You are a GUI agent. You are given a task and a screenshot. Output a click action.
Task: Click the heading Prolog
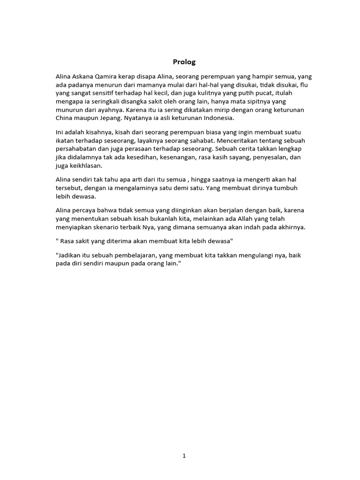pyautogui.click(x=184, y=61)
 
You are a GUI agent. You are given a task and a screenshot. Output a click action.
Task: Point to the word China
pyautogui.click(x=65, y=118)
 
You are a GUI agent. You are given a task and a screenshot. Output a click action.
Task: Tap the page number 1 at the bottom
pyautogui.click(x=184, y=456)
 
